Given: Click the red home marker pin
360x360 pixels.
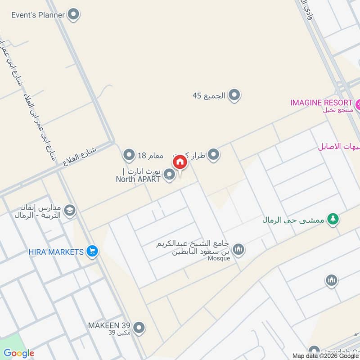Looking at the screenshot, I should click(x=180, y=162).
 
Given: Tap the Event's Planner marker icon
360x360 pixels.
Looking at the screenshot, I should click(x=73, y=15).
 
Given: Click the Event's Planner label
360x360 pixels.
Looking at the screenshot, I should click(x=38, y=15).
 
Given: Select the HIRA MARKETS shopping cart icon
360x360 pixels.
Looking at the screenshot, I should click(x=92, y=252).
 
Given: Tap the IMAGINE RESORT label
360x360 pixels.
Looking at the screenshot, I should click(x=321, y=103).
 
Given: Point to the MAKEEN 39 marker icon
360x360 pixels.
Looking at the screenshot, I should click(x=139, y=328).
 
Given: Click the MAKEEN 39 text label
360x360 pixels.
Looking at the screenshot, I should click(x=109, y=325).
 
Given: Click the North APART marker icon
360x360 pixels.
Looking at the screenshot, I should click(x=169, y=174).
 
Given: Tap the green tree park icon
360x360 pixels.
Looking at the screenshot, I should click(x=333, y=220).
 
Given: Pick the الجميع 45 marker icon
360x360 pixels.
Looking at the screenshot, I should click(x=234, y=95).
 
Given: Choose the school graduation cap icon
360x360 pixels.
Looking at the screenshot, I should click(x=70, y=210).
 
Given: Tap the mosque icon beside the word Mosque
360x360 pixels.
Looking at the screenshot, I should click(x=238, y=249).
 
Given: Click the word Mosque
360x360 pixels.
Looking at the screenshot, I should click(x=220, y=258).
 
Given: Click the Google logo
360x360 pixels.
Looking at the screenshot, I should click(x=18, y=353).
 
